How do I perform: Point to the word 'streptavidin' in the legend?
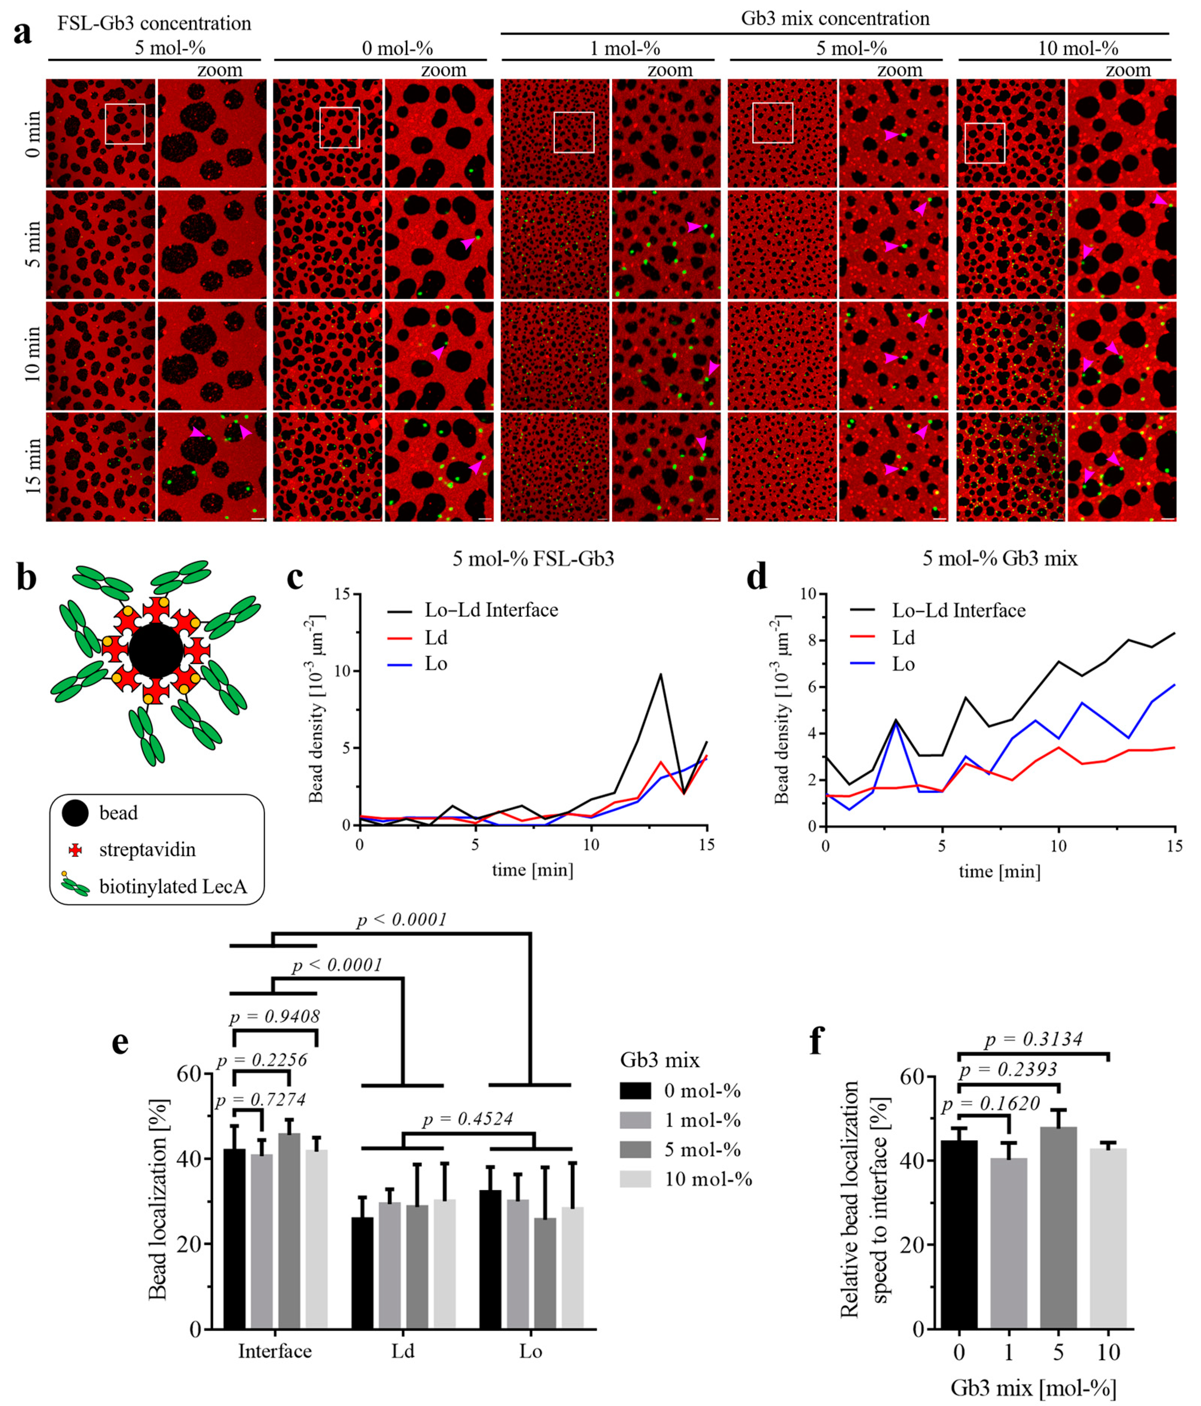point(147,849)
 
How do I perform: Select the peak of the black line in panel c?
point(660,674)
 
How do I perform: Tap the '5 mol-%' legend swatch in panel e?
point(636,1149)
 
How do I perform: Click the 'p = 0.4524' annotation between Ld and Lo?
point(468,1119)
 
